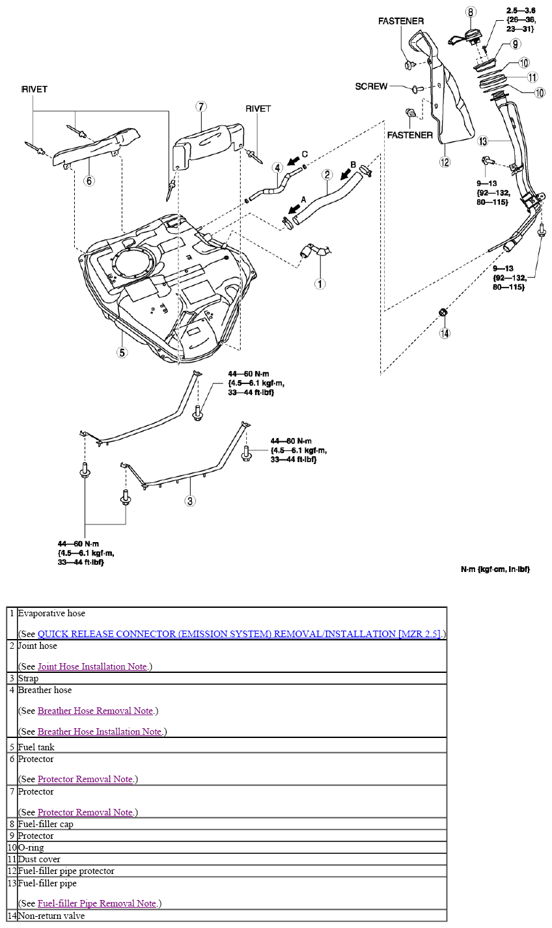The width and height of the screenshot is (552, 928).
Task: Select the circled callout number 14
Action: [x=445, y=333]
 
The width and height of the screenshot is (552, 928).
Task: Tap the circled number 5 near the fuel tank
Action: [x=122, y=352]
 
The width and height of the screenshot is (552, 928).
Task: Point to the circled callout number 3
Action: [x=189, y=500]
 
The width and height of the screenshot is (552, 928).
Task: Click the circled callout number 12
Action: [x=445, y=163]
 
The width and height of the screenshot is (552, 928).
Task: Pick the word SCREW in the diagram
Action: [x=371, y=86]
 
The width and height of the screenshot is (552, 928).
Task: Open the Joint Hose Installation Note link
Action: [x=92, y=666]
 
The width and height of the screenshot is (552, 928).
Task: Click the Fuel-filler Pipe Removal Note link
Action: [x=96, y=903]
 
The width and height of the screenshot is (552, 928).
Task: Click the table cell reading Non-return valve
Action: [x=51, y=916]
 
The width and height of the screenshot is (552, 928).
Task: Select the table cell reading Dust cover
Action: [x=39, y=859]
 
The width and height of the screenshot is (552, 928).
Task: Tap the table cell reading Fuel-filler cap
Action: [x=46, y=824]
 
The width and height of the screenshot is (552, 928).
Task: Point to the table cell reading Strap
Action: [x=28, y=678]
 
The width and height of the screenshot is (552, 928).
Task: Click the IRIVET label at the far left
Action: [x=34, y=89]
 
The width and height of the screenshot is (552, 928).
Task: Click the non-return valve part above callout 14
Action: [x=443, y=312]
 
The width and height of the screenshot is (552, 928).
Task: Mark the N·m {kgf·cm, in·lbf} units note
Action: [x=495, y=569]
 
